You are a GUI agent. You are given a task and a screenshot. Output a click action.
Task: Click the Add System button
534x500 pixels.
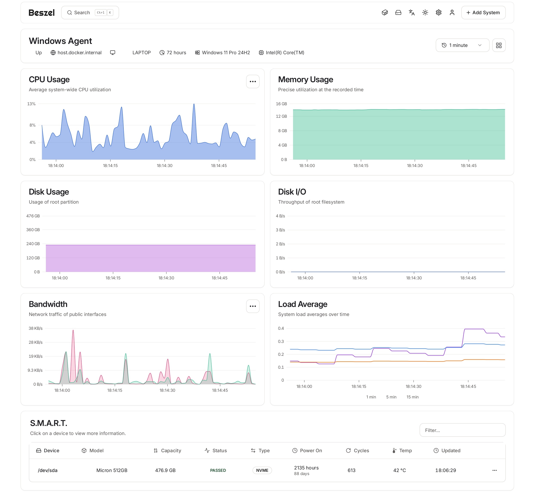coord(483,13)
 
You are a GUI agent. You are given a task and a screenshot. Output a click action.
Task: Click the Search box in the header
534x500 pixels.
coord(90,13)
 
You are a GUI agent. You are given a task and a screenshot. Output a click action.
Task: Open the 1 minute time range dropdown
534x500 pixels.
coord(462,45)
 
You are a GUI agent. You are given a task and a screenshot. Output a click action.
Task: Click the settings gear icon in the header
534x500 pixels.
coord(438,13)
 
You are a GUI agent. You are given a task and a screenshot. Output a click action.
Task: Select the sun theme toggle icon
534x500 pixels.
coord(425,13)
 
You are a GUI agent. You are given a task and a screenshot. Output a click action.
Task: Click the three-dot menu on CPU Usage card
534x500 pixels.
coord(253,81)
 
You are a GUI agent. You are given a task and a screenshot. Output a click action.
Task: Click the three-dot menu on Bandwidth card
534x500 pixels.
coord(253,306)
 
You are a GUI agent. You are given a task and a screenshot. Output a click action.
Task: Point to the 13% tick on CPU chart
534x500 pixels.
coord(31,104)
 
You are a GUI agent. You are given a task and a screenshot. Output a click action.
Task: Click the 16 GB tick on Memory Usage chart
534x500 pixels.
coord(281,104)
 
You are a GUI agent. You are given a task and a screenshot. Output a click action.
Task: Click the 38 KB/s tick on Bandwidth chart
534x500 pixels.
coord(35,328)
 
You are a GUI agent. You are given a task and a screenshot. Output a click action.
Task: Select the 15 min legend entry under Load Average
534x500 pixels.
coord(412,397)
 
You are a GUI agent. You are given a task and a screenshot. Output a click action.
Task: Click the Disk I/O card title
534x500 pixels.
coord(292,192)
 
